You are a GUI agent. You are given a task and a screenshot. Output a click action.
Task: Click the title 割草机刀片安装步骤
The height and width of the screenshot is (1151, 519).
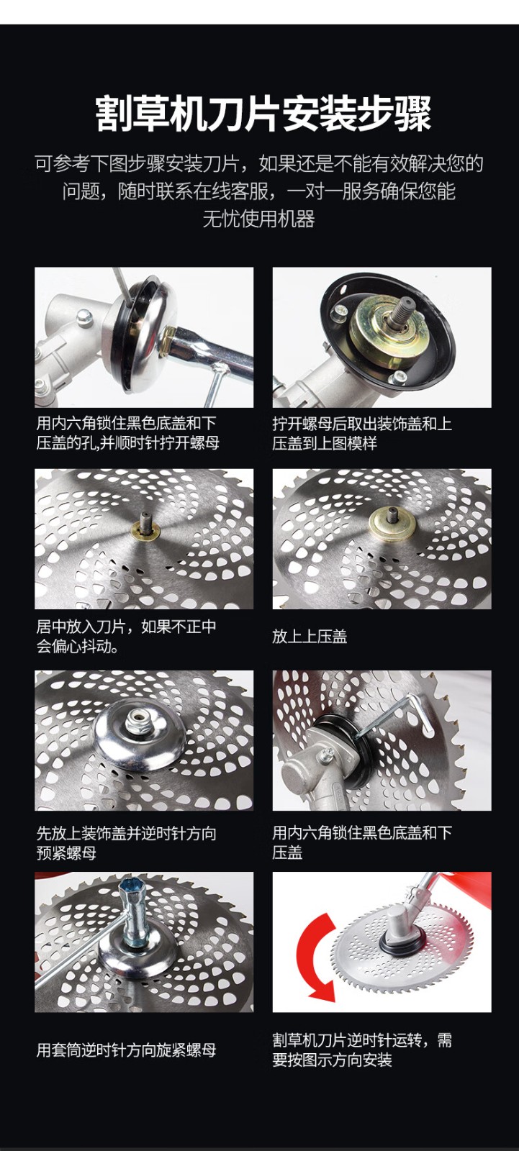coord(263,112)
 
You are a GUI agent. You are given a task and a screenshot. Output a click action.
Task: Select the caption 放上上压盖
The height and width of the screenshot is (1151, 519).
coord(310,636)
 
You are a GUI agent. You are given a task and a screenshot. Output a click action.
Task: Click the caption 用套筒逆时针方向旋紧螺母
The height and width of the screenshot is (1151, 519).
coord(126,1050)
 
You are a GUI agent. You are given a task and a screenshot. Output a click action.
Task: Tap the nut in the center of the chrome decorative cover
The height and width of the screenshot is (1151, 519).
coord(140,716)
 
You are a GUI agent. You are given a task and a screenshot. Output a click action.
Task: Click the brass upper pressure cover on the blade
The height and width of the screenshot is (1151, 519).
coord(392,524)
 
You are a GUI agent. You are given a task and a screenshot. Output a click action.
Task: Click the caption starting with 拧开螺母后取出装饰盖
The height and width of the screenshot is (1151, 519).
coord(361,433)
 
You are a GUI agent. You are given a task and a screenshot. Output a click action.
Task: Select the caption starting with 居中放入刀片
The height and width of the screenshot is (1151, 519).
coord(126,636)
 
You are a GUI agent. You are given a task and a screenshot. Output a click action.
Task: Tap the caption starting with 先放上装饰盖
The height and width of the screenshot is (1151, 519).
coord(126,842)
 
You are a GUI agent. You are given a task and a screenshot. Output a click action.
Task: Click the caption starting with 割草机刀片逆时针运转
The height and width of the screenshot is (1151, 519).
coord(362,1050)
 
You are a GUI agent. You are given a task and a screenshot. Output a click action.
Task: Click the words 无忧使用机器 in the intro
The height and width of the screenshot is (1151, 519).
coord(258,219)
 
